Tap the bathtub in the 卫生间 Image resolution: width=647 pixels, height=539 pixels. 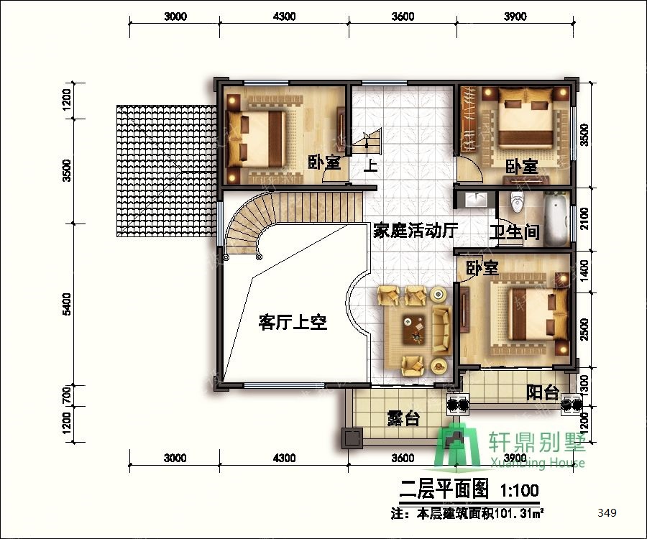coord(556,219)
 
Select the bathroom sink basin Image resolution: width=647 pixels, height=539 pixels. coord(476,199)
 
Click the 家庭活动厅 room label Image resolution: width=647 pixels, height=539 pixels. coord(416,231)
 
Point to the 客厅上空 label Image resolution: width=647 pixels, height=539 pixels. coord(293,322)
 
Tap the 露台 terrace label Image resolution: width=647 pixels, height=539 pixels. coord(403,418)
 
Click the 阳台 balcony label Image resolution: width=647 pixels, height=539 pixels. coord(543,392)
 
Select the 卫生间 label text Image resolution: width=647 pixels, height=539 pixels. coord(515,233)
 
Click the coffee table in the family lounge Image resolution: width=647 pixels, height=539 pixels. coord(414,329)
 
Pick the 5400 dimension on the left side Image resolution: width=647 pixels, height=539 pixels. coord(66,304)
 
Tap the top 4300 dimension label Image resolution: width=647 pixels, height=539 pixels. coord(284,17)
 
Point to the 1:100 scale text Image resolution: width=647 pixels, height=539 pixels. coord(520,490)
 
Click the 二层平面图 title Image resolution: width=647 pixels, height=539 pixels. coord(444,490)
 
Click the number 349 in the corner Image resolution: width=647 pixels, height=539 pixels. coord(607,512)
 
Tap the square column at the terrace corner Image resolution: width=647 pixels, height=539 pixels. coord(352,438)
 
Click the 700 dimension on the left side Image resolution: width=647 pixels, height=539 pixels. coord(66,395)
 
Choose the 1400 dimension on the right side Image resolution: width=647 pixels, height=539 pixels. coord(584,271)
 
